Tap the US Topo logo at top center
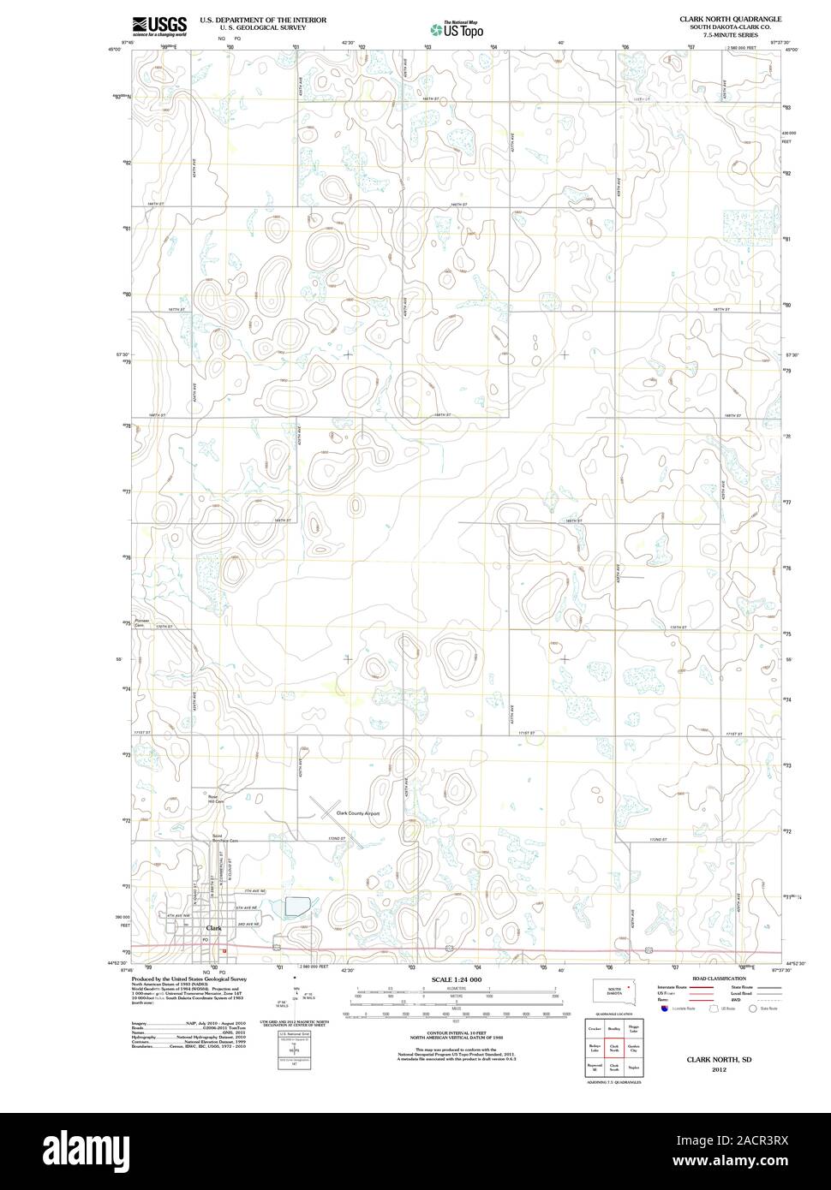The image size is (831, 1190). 457,29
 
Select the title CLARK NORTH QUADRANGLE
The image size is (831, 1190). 730,18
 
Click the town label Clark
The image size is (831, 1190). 214,928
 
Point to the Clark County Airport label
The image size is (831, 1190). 357,813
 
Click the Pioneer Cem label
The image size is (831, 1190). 141,622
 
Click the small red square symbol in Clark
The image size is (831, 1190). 224,950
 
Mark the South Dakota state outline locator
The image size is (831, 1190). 613,991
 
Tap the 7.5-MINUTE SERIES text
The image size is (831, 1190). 730,35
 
